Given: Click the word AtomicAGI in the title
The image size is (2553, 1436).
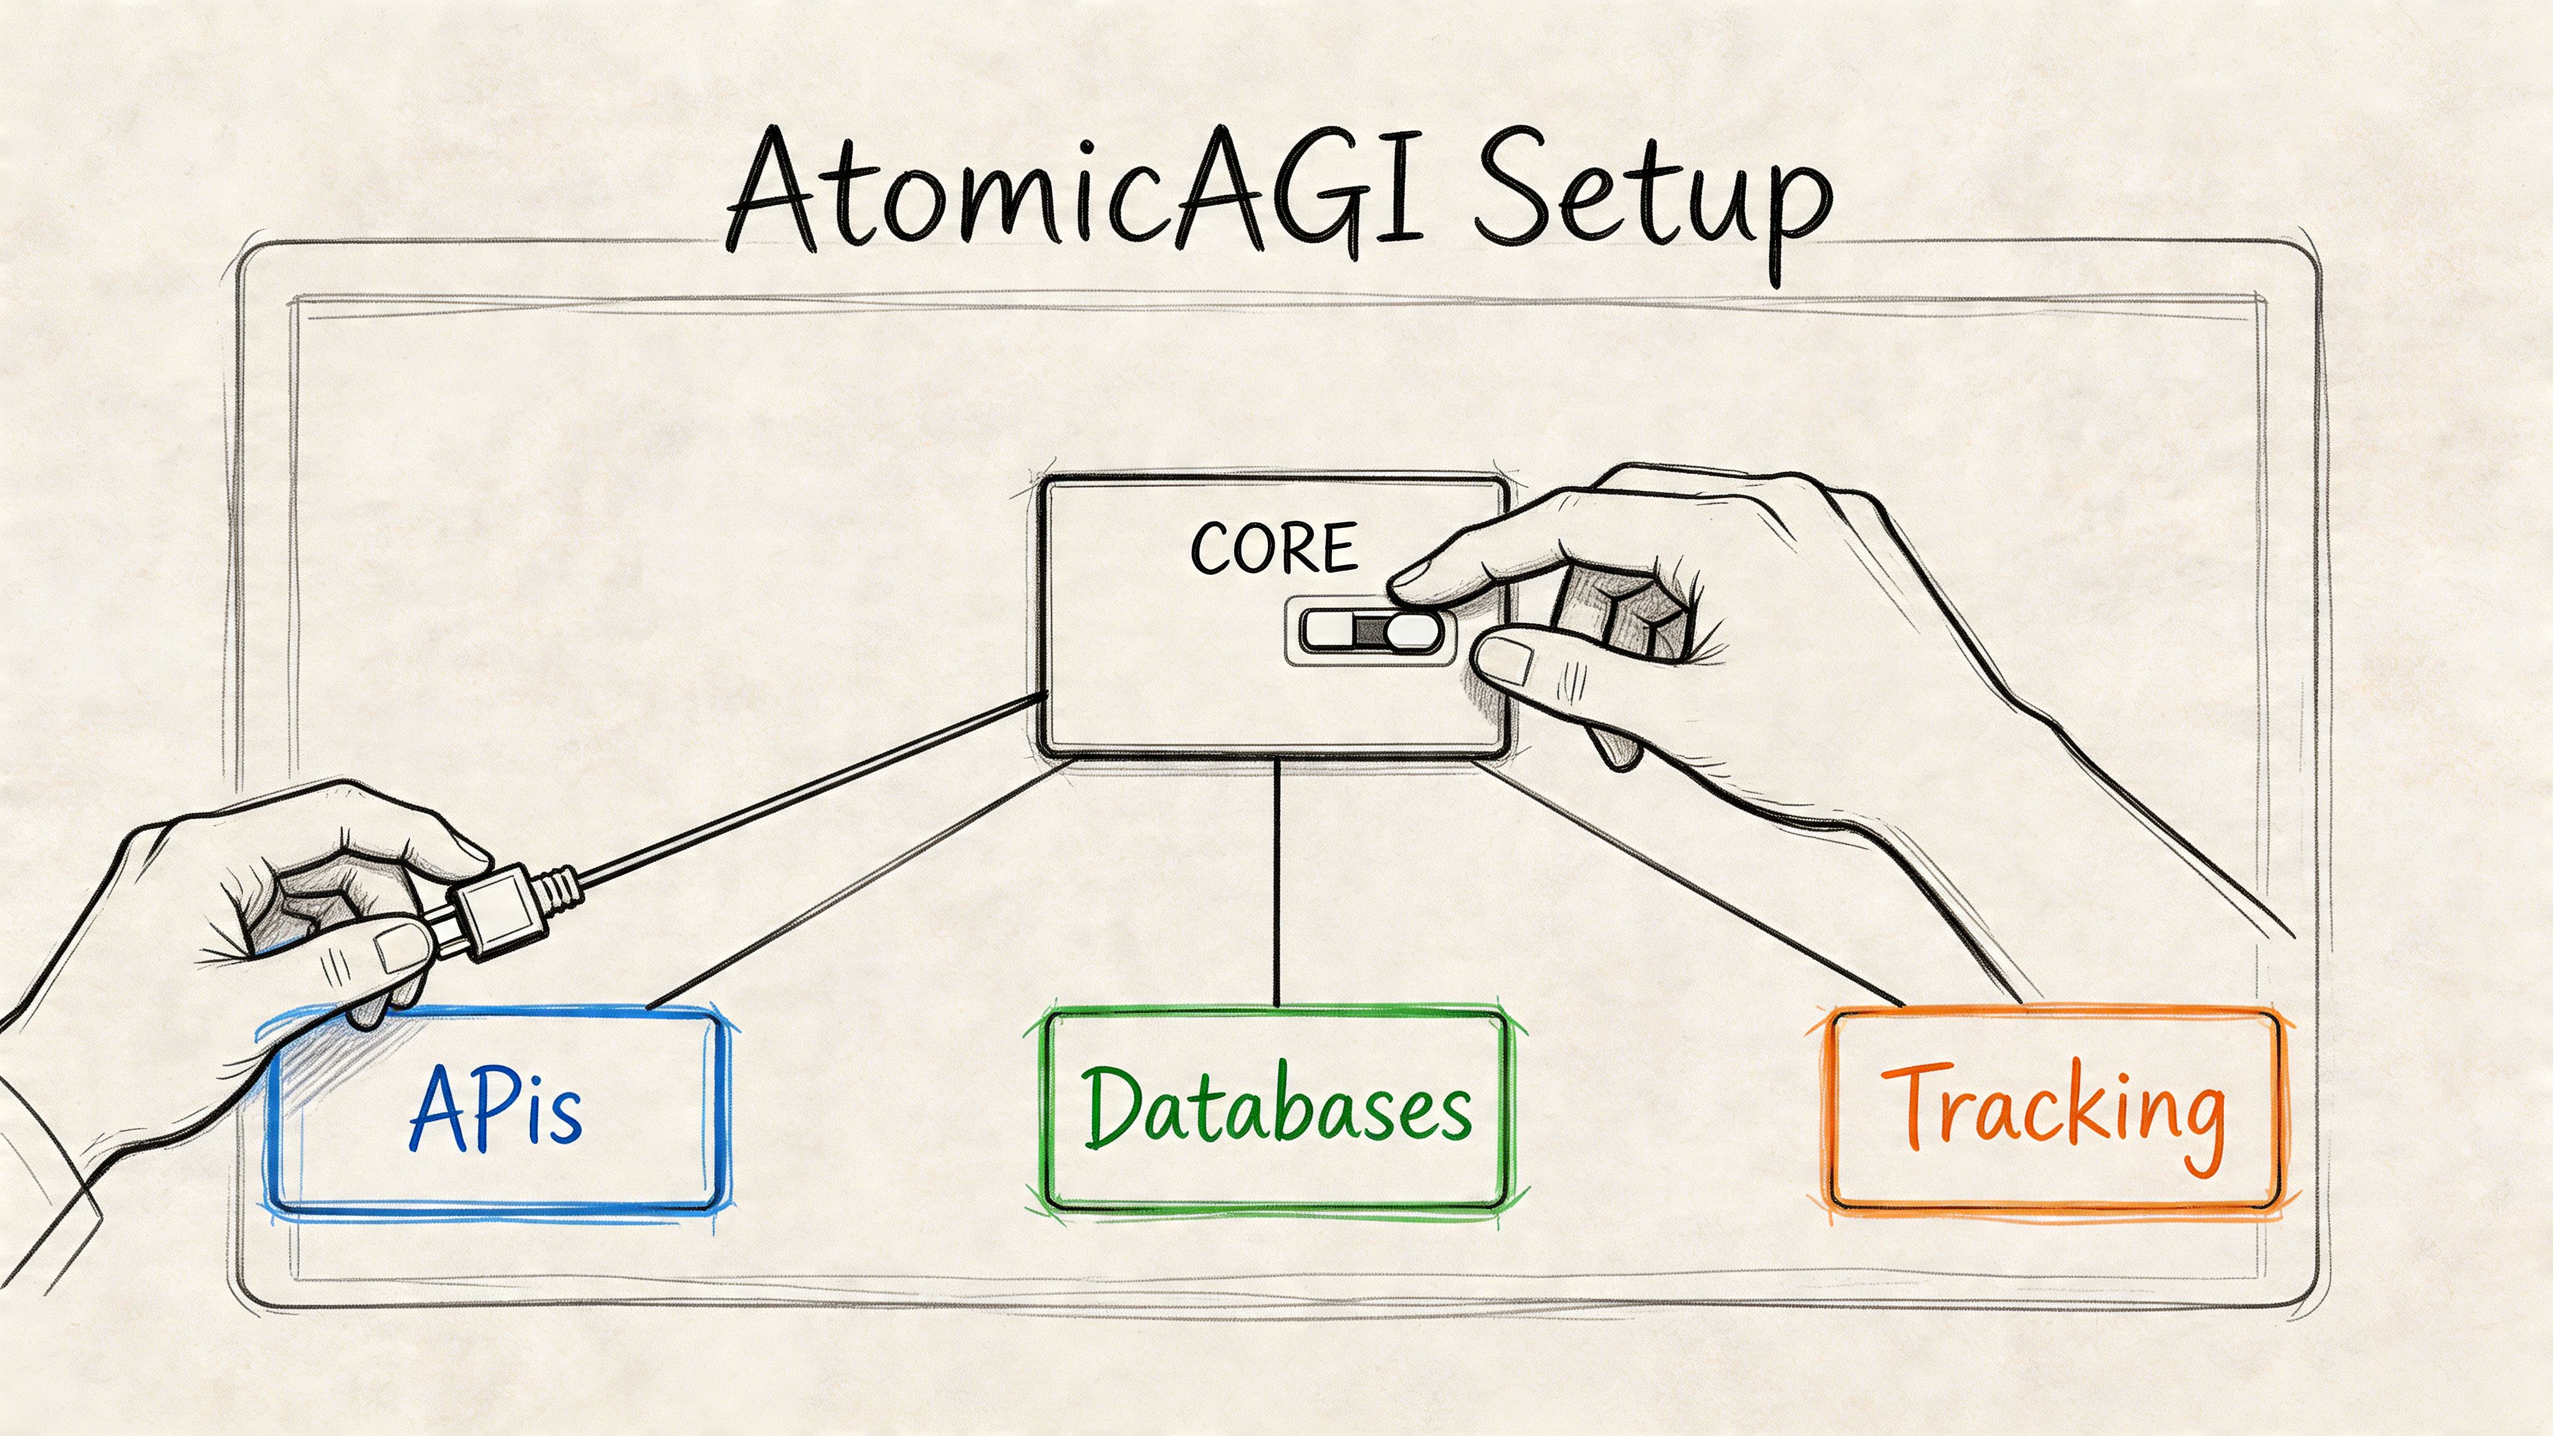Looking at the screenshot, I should (1075, 193).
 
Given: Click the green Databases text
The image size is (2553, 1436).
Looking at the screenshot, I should (1276, 1107).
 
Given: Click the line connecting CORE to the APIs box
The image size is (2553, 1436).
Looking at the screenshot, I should (862, 882).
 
